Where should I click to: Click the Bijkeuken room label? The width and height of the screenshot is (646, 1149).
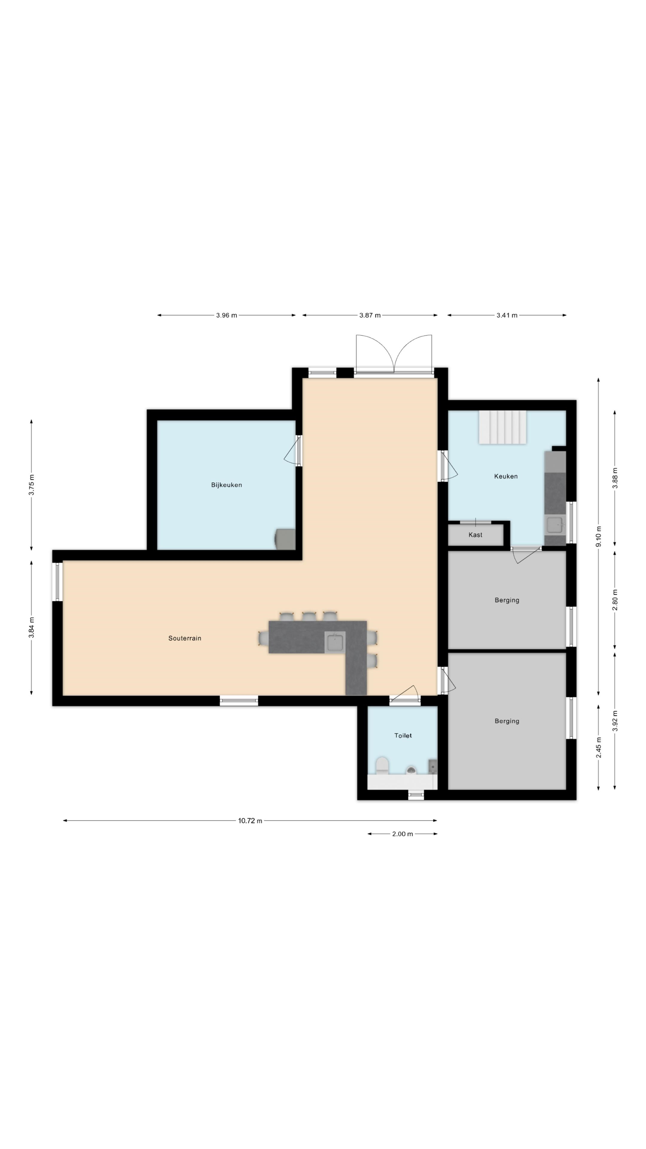click(226, 485)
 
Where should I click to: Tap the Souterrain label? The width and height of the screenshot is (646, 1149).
click(185, 638)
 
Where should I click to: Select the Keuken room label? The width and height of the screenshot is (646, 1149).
click(505, 476)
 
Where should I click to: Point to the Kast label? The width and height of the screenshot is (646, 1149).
click(475, 535)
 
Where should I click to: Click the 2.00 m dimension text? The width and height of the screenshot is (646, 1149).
click(402, 834)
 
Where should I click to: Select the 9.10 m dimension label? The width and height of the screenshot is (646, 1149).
click(598, 536)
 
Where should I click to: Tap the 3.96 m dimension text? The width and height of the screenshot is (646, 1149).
click(226, 315)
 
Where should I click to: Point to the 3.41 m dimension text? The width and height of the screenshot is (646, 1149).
click(507, 315)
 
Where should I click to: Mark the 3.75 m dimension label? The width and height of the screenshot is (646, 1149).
click(31, 485)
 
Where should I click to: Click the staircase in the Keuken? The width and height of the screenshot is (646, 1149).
click(502, 427)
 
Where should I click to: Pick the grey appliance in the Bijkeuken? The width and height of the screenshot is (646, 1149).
click(285, 539)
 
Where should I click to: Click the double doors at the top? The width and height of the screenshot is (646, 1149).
click(394, 354)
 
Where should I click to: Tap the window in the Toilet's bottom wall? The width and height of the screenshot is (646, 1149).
click(416, 794)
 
